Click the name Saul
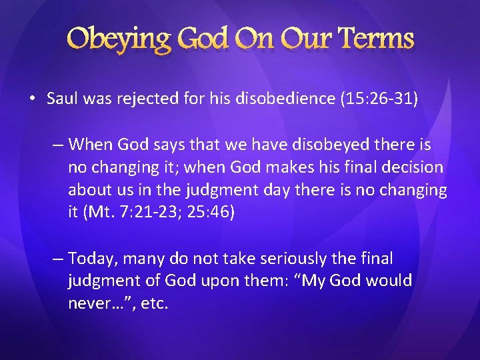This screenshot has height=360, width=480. point(62,99)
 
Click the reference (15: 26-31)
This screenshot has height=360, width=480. point(379,99)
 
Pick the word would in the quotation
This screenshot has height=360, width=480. point(391,281)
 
